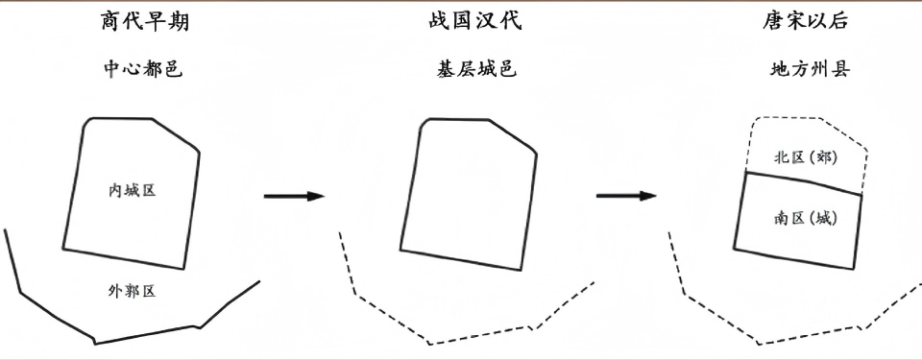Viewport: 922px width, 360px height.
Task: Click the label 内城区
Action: coord(133,190)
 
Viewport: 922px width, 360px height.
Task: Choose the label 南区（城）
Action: coord(804,218)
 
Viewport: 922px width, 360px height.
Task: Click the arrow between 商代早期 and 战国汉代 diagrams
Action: coord(294,196)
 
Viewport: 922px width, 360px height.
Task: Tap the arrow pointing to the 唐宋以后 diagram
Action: coord(626,196)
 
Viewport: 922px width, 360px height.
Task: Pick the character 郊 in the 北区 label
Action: coord(821,157)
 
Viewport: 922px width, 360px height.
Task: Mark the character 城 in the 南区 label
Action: coord(823,218)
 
